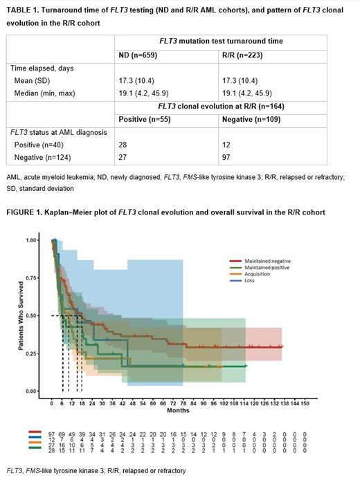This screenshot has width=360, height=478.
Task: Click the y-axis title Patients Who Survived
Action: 21,315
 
